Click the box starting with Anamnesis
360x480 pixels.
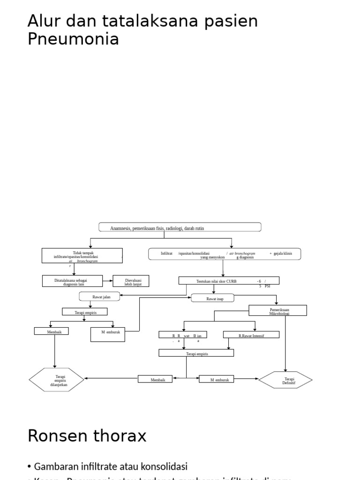[x=180, y=228]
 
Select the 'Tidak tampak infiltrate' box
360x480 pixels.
[x=82, y=255]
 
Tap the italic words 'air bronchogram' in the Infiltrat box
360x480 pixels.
[x=242, y=253]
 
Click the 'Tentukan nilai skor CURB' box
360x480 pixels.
[x=229, y=281]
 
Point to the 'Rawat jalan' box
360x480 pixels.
[x=99, y=296]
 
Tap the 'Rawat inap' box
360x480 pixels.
[x=213, y=298]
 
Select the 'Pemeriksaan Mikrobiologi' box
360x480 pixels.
[x=277, y=311]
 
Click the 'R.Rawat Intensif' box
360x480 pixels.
[x=251, y=335]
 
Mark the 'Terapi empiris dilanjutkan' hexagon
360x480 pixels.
[x=57, y=380]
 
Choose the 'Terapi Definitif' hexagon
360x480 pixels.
[x=285, y=380]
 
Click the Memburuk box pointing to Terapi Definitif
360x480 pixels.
[x=220, y=379]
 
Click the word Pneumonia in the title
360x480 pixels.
[x=73, y=39]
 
